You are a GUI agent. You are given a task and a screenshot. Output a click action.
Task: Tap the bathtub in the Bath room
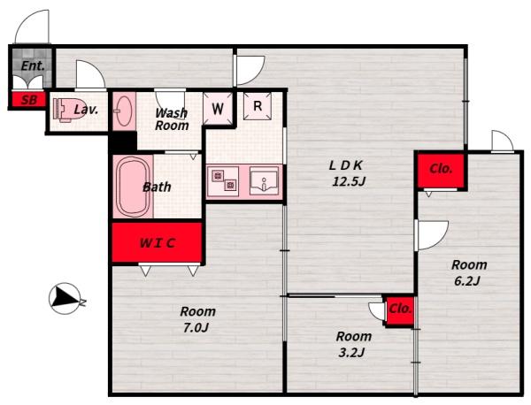pos(133,187)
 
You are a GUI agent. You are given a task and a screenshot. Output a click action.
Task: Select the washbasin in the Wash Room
pos(124,111)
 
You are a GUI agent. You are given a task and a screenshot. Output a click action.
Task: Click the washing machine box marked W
pos(218,108)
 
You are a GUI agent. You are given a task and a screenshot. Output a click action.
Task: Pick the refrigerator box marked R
pos(258,106)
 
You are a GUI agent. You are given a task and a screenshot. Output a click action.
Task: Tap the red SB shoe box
pos(29,100)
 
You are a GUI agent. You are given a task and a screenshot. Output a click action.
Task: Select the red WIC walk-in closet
pos(158,242)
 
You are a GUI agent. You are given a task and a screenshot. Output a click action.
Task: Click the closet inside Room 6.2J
pos(440,170)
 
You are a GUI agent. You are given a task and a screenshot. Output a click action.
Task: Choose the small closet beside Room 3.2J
pos(400,310)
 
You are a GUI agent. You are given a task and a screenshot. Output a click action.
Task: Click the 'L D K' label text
pos(346,165)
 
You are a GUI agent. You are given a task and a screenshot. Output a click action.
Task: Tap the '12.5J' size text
pos(349,182)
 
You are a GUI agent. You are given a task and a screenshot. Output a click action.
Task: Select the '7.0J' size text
pos(196,327)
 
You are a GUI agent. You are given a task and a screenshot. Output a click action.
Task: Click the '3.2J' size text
pos(352,353)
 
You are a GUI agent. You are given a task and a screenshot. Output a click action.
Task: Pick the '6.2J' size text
pos(467,281)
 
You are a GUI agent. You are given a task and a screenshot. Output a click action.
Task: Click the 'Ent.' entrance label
pos(33,66)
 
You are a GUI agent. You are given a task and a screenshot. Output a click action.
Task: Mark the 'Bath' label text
pos(157,187)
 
